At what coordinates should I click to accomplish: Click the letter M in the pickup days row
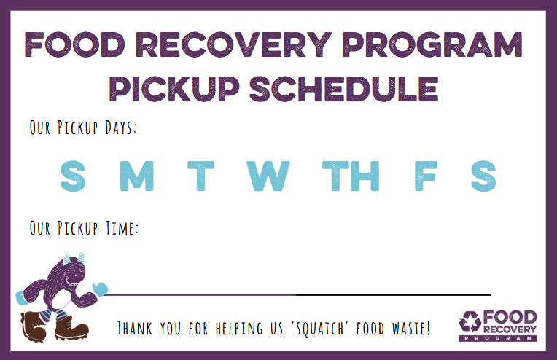(x=137, y=176)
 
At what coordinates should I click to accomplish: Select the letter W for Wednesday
(x=268, y=176)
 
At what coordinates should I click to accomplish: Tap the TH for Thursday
(x=351, y=176)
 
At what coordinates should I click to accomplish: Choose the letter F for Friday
(x=425, y=176)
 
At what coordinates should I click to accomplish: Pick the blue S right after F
(x=483, y=176)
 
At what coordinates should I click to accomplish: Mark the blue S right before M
(x=73, y=176)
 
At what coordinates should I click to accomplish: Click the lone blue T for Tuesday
(x=200, y=176)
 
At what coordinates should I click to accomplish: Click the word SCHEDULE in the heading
(x=343, y=89)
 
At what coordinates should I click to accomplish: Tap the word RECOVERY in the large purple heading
(x=233, y=44)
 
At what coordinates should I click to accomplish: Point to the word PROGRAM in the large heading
(x=432, y=44)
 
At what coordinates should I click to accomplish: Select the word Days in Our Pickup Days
(x=120, y=128)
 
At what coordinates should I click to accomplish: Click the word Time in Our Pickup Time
(x=122, y=228)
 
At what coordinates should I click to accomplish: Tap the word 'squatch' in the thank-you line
(x=319, y=328)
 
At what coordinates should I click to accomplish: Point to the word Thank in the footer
(x=135, y=328)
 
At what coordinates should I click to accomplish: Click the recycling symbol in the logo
(x=470, y=322)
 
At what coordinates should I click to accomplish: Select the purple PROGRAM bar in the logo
(x=498, y=338)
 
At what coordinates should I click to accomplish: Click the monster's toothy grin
(x=74, y=281)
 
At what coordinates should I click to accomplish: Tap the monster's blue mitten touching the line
(x=100, y=289)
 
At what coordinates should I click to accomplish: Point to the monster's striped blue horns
(x=74, y=259)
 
